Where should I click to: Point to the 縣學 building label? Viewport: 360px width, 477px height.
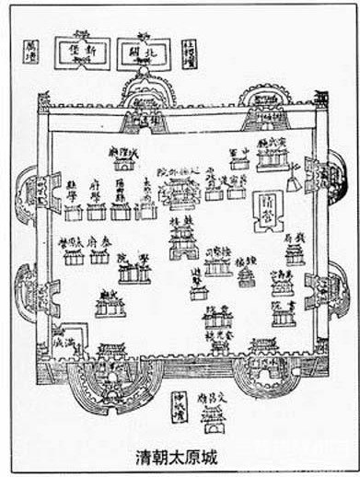pos(75,184)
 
